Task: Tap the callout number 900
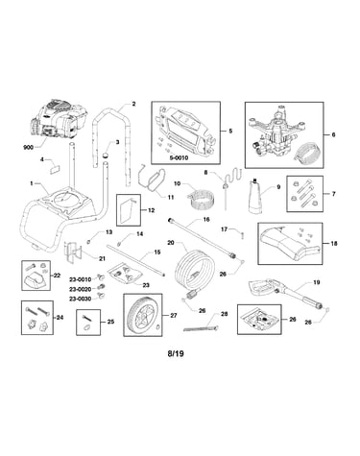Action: pos(29,148)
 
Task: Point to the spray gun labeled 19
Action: pos(288,293)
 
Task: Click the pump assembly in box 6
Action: pos(276,132)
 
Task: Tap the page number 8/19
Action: pos(176,353)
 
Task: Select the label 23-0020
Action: pos(81,289)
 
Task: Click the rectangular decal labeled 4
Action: pos(55,169)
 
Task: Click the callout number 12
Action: pos(151,210)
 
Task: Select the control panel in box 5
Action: pos(185,132)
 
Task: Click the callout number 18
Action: pos(334,244)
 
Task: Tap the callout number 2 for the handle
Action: pos(133,104)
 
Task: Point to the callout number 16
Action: pos(206,220)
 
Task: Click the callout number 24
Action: pos(60,318)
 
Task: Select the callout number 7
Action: pos(333,194)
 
